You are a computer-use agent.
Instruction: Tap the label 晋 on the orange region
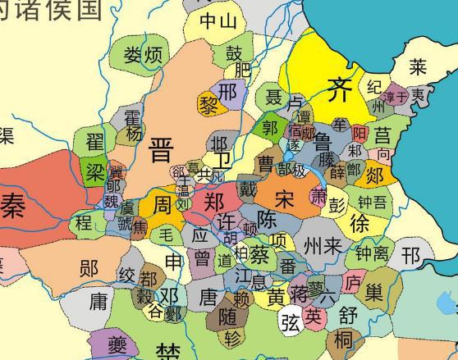click(x=162, y=149)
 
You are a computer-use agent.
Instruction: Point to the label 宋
click(x=284, y=198)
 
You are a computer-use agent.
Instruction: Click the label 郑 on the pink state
click(x=213, y=202)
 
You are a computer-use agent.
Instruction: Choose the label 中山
click(x=218, y=21)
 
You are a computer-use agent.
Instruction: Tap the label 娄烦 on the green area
click(x=143, y=56)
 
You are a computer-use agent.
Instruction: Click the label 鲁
click(x=323, y=141)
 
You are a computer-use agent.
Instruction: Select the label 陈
click(x=267, y=220)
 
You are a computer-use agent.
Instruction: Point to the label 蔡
click(x=259, y=253)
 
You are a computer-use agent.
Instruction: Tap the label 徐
click(x=360, y=222)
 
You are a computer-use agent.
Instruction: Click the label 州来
click(x=321, y=244)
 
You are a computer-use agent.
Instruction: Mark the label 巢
click(x=374, y=292)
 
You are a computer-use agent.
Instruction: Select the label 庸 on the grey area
click(x=98, y=302)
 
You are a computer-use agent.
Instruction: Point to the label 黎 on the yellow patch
click(x=207, y=104)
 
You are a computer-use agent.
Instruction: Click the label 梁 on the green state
click(x=95, y=171)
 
